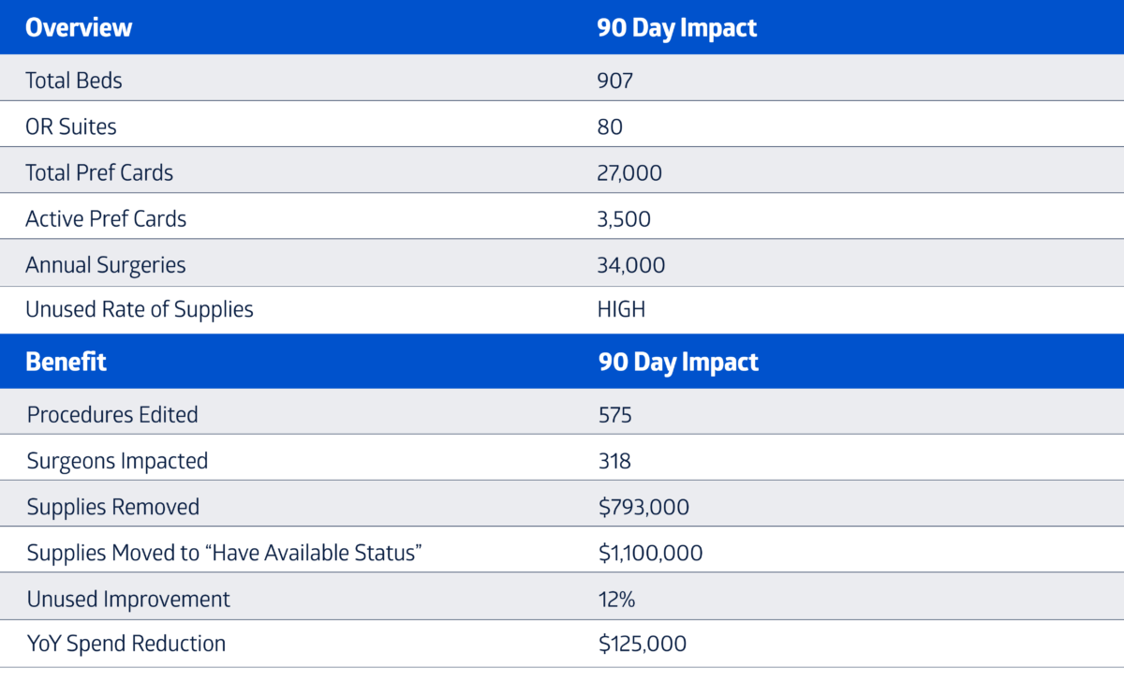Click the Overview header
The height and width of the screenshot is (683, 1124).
point(79,27)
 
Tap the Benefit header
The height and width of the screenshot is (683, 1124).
point(66,362)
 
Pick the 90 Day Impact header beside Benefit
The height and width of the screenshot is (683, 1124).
point(678,363)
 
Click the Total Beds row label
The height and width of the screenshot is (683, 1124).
point(74,81)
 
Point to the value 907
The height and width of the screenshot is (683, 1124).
point(615,81)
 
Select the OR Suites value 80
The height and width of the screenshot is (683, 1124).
point(610,127)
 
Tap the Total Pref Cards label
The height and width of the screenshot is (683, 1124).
point(99,172)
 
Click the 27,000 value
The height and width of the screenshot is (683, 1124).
point(629,173)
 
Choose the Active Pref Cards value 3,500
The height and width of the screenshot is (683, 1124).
point(624,219)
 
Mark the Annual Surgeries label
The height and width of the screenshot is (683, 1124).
point(105,265)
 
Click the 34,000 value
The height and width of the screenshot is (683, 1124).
point(631,265)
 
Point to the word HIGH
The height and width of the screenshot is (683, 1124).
point(621,309)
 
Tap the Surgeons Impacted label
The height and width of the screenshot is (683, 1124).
point(117,461)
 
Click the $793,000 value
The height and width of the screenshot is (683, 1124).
point(643,507)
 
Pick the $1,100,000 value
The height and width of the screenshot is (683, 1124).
point(651,553)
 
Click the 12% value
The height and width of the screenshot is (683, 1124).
point(616,600)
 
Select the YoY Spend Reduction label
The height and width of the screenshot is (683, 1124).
point(126,644)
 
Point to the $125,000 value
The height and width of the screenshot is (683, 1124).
point(643,644)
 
